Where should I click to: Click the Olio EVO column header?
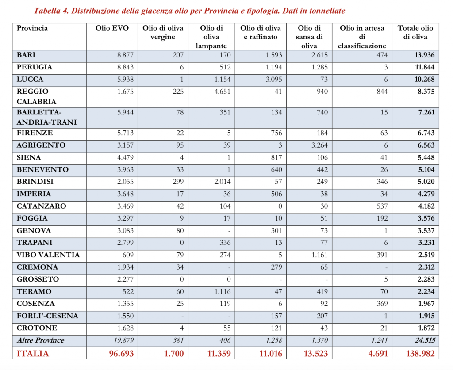pyautogui.click(x=112, y=28)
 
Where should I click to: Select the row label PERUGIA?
pyautogui.click(x=35, y=67)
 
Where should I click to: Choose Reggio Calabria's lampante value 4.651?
pyautogui.click(x=219, y=92)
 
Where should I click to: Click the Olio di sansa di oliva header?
pyautogui.click(x=309, y=37)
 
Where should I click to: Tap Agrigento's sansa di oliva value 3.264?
pyautogui.click(x=317, y=145)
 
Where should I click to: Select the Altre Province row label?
pyautogui.click(x=40, y=340)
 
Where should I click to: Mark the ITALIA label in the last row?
pyautogui.click(x=33, y=354)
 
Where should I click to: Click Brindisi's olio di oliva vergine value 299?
pyautogui.click(x=177, y=182)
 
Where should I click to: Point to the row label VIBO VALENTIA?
pyautogui.click(x=48, y=255)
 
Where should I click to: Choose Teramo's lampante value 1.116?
pyautogui.click(x=219, y=292)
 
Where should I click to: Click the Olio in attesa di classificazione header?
pyautogui.click(x=362, y=37)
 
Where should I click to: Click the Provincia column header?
pyautogui.click(x=32, y=28)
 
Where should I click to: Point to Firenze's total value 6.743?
pyautogui.click(x=424, y=133)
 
